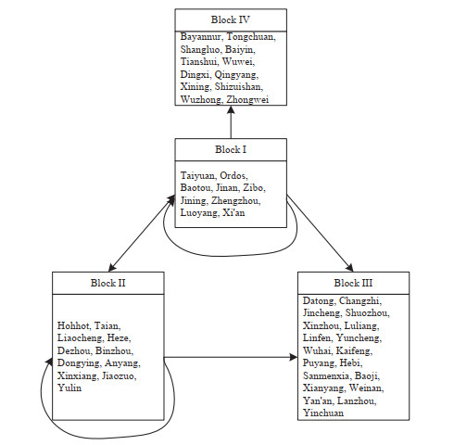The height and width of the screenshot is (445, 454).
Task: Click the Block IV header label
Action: pyautogui.click(x=231, y=19)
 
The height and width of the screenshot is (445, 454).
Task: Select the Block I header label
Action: pyautogui.click(x=231, y=149)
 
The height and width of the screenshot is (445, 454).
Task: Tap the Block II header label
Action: pyautogui.click(x=108, y=283)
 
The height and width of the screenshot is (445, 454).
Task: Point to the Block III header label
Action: pyautogui.click(x=353, y=283)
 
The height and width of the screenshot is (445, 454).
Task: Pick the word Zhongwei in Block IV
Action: pyautogui.click(x=247, y=100)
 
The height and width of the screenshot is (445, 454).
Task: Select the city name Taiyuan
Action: pyautogui.click(x=198, y=176)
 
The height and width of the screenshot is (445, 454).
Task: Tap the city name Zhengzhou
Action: pyautogui.click(x=236, y=201)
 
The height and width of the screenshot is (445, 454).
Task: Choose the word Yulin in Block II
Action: pyautogui.click(x=69, y=388)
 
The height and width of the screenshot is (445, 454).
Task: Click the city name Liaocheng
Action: pyautogui.click(x=81, y=338)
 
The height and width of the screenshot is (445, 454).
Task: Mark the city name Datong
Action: pyautogui.click(x=320, y=301)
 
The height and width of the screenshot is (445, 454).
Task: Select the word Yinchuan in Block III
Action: pyautogui.click(x=323, y=413)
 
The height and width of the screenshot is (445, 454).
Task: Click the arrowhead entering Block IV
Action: pyautogui.click(x=231, y=109)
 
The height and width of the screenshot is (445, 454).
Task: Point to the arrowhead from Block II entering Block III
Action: pyautogui.click(x=294, y=358)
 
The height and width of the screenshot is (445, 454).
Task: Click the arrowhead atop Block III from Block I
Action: pyautogui.click(x=349, y=268)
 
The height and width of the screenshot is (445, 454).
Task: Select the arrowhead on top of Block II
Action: pyautogui.click(x=112, y=268)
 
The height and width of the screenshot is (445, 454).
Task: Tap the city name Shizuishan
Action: pyautogui.click(x=239, y=87)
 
